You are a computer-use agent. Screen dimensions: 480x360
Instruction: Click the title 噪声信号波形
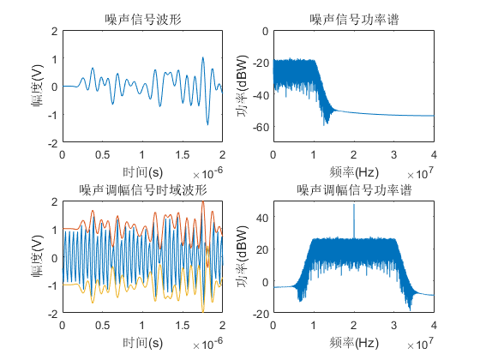pyautogui.click(x=143, y=20)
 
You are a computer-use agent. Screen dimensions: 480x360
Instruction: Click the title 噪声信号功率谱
pyautogui.click(x=354, y=20)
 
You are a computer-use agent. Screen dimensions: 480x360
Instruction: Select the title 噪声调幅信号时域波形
pyautogui.click(x=143, y=190)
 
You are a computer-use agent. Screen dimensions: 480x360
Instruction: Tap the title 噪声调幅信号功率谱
pyautogui.click(x=354, y=190)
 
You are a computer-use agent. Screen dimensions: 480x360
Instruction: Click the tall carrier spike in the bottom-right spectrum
pyautogui.click(x=354, y=221)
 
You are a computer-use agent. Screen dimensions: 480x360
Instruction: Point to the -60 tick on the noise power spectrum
pyautogui.click(x=261, y=127)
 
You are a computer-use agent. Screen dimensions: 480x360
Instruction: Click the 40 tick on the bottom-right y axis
pyautogui.click(x=262, y=218)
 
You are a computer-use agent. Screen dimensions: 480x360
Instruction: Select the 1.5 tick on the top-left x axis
pyautogui.click(x=182, y=155)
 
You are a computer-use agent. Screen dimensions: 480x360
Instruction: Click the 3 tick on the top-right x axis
pyautogui.click(x=394, y=155)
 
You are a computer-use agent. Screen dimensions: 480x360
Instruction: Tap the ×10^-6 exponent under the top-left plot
pyautogui.click(x=207, y=173)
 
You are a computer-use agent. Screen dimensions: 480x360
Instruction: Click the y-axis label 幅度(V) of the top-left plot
pyautogui.click(x=38, y=86)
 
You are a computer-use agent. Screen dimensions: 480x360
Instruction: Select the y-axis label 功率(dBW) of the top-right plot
pyautogui.click(x=242, y=86)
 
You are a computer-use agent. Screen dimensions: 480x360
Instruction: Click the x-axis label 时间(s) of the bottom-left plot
pyautogui.click(x=142, y=343)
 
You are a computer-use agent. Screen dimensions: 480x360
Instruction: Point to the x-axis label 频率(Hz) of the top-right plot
pyautogui.click(x=354, y=172)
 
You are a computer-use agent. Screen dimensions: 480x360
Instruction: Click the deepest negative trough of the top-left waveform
pyautogui.click(x=207, y=124)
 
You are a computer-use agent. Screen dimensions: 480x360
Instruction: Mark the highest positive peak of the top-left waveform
pyautogui.click(x=202, y=57)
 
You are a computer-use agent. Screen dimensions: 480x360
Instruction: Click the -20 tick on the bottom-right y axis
pyautogui.click(x=261, y=314)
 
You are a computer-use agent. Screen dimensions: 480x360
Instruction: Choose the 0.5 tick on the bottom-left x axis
pyautogui.click(x=102, y=326)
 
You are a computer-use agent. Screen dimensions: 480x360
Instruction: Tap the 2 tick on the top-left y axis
pyautogui.click(x=55, y=31)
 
